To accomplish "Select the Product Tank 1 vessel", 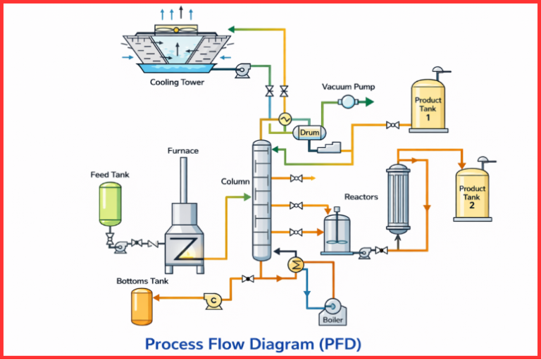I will tap(428, 109).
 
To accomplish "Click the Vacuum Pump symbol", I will tap(347, 102).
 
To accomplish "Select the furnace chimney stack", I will tap(183, 180).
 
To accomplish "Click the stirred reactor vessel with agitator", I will tap(337, 235).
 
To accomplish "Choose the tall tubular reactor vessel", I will tap(398, 199).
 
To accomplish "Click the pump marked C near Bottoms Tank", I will tap(212, 299).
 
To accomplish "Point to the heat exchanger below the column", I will tap(297, 265).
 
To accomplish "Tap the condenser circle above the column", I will tap(285, 119).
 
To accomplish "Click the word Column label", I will tap(235, 181).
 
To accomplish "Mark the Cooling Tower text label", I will tap(178, 82).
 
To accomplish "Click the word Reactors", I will tap(361, 197).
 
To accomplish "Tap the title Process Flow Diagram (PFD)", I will tap(253, 344).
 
